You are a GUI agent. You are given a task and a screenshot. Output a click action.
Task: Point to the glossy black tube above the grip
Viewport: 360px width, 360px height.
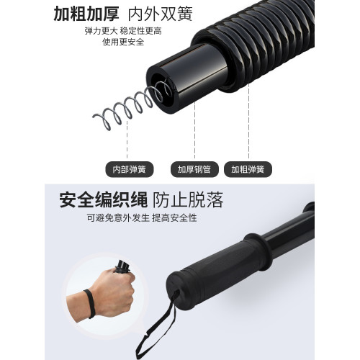pos(288,230)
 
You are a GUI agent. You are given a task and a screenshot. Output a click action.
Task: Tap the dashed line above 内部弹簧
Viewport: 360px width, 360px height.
pos(128,140)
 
